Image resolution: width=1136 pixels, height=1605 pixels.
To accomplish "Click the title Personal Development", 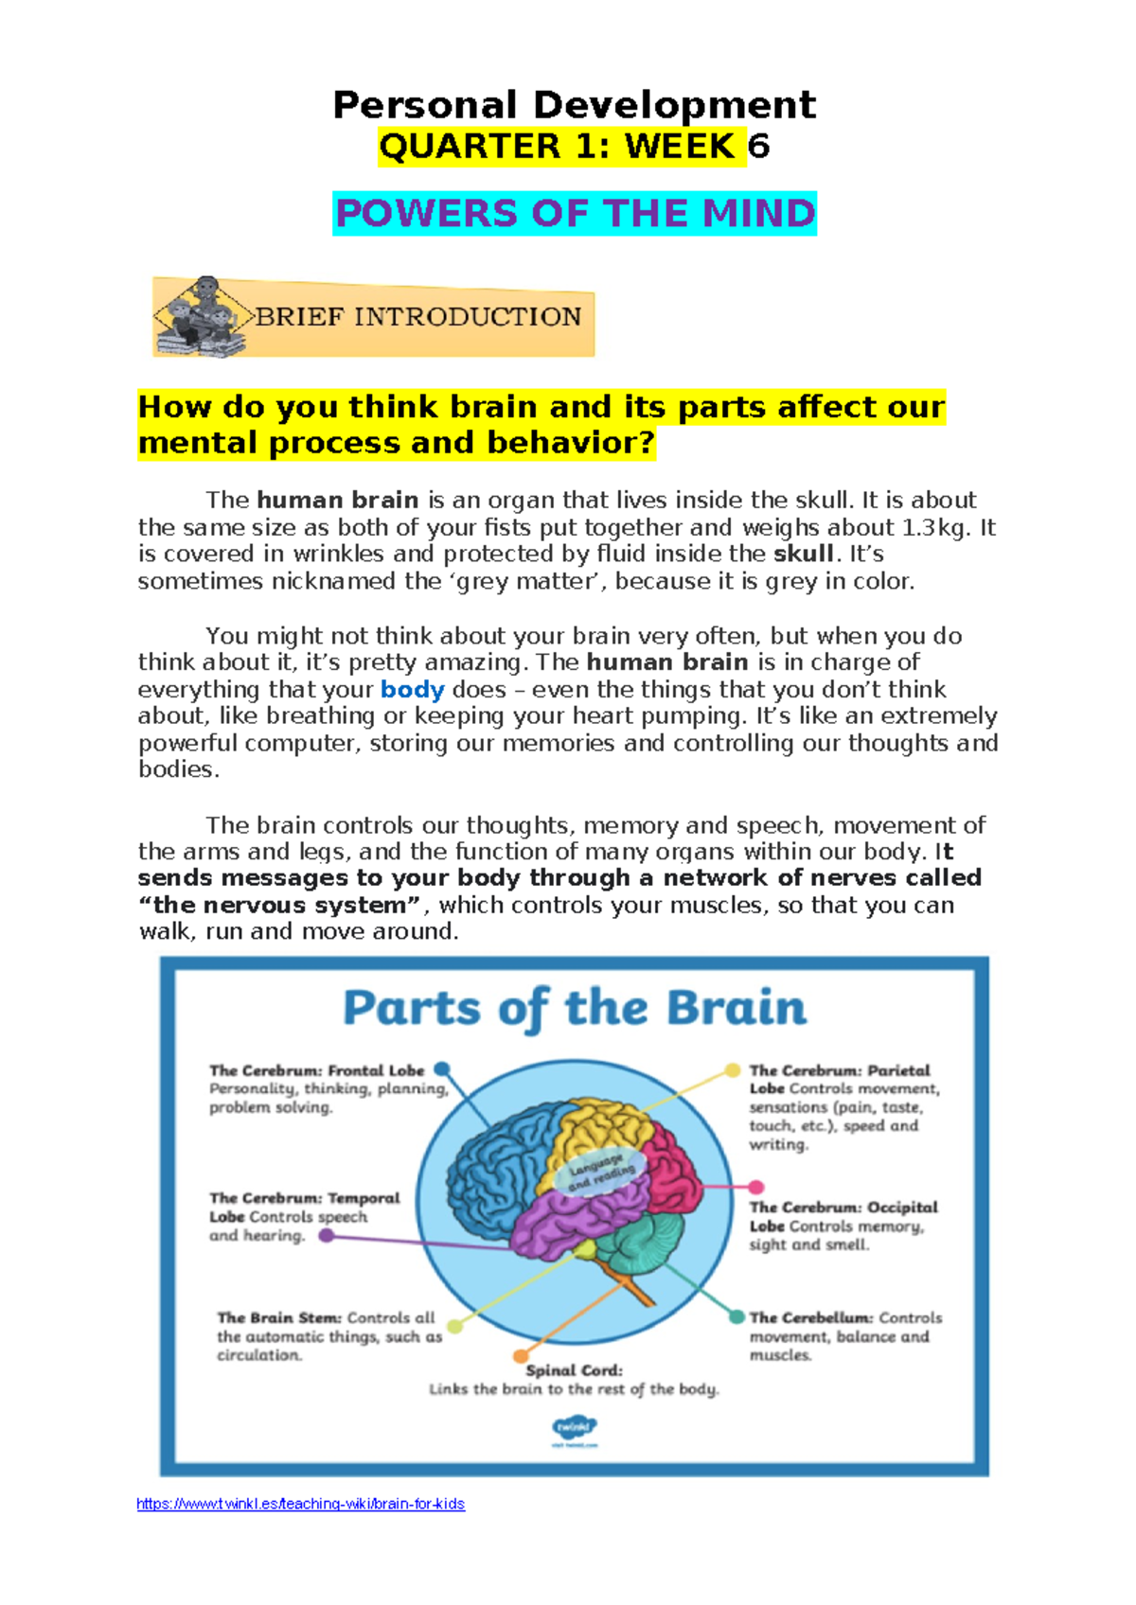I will (574, 104).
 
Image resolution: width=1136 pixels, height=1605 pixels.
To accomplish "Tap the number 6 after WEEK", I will (758, 147).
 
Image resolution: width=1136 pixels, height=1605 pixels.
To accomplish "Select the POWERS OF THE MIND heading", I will (575, 214).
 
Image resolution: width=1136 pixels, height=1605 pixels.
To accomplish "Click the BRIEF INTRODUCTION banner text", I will (417, 317).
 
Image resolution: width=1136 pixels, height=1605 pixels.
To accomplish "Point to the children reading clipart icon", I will (201, 317).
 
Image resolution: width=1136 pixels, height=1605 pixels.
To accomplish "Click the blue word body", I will (412, 689).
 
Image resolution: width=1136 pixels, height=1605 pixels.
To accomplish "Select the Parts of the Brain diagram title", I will (574, 1008).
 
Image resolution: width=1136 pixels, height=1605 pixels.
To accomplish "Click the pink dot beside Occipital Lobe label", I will (755, 1187).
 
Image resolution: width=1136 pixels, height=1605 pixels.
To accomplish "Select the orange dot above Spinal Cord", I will (519, 1357).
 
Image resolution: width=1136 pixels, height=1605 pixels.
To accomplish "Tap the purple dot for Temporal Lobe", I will (326, 1235).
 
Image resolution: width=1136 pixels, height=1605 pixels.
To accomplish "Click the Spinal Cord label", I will (574, 1370).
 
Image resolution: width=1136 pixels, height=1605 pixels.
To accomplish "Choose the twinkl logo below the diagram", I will (574, 1429).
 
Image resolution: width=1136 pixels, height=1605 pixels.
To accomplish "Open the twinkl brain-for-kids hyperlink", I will (300, 1504).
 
